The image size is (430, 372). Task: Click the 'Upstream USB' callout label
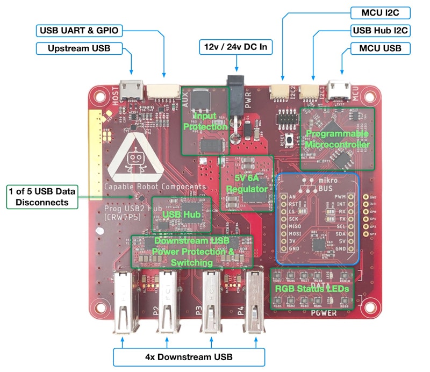(x=79, y=48)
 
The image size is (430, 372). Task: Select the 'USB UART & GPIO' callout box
(x=79, y=30)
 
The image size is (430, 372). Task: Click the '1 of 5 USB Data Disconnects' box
(x=42, y=196)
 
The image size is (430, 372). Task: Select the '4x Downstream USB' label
(x=189, y=356)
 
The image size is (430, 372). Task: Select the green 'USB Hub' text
(x=181, y=214)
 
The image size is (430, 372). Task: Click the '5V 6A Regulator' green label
(x=247, y=183)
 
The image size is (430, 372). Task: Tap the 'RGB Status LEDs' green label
(x=312, y=289)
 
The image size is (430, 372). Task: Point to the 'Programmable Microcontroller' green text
(x=336, y=138)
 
